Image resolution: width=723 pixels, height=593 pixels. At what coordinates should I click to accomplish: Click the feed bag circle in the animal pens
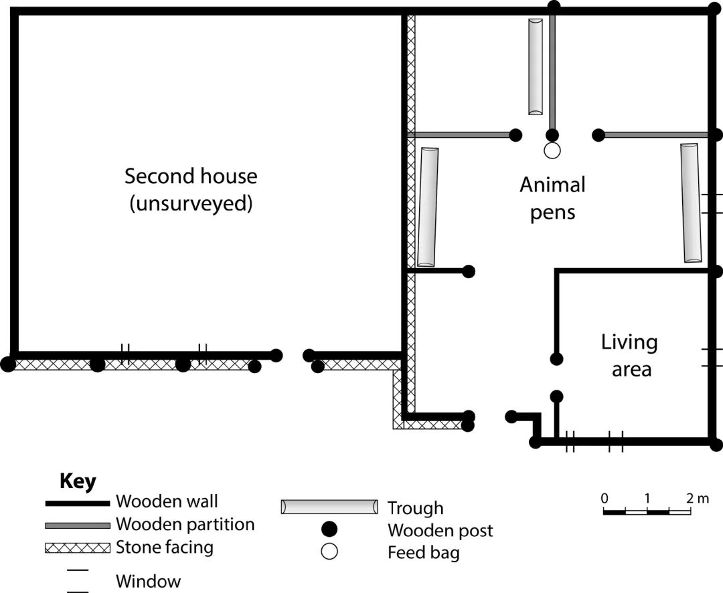point(552,151)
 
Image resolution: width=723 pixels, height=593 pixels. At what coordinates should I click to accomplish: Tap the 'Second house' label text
point(191,176)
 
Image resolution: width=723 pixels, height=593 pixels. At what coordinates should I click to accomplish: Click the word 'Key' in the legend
point(78,481)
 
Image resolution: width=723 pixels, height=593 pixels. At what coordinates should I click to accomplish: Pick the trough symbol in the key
point(329,507)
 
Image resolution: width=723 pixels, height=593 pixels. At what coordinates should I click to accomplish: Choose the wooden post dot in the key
point(329,530)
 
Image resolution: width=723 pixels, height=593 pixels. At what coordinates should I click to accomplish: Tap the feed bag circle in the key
point(329,552)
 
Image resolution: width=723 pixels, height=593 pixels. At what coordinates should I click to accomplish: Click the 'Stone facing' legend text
point(165,548)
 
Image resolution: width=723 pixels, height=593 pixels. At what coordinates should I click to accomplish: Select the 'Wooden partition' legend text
point(185,524)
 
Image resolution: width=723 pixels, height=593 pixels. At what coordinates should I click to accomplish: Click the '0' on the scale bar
point(605,498)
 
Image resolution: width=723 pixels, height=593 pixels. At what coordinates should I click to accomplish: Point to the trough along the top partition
point(535,66)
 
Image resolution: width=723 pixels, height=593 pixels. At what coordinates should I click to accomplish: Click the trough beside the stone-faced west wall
point(427,207)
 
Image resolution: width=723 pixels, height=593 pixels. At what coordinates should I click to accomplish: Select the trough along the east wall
point(690,203)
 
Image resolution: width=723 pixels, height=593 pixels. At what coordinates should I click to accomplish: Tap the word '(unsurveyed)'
point(191,203)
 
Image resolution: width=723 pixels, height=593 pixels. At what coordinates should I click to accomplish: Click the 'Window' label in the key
point(148,581)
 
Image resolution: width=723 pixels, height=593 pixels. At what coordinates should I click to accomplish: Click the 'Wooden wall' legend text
point(167,501)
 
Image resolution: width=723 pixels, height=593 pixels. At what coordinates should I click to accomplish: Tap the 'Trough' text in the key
point(415,508)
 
